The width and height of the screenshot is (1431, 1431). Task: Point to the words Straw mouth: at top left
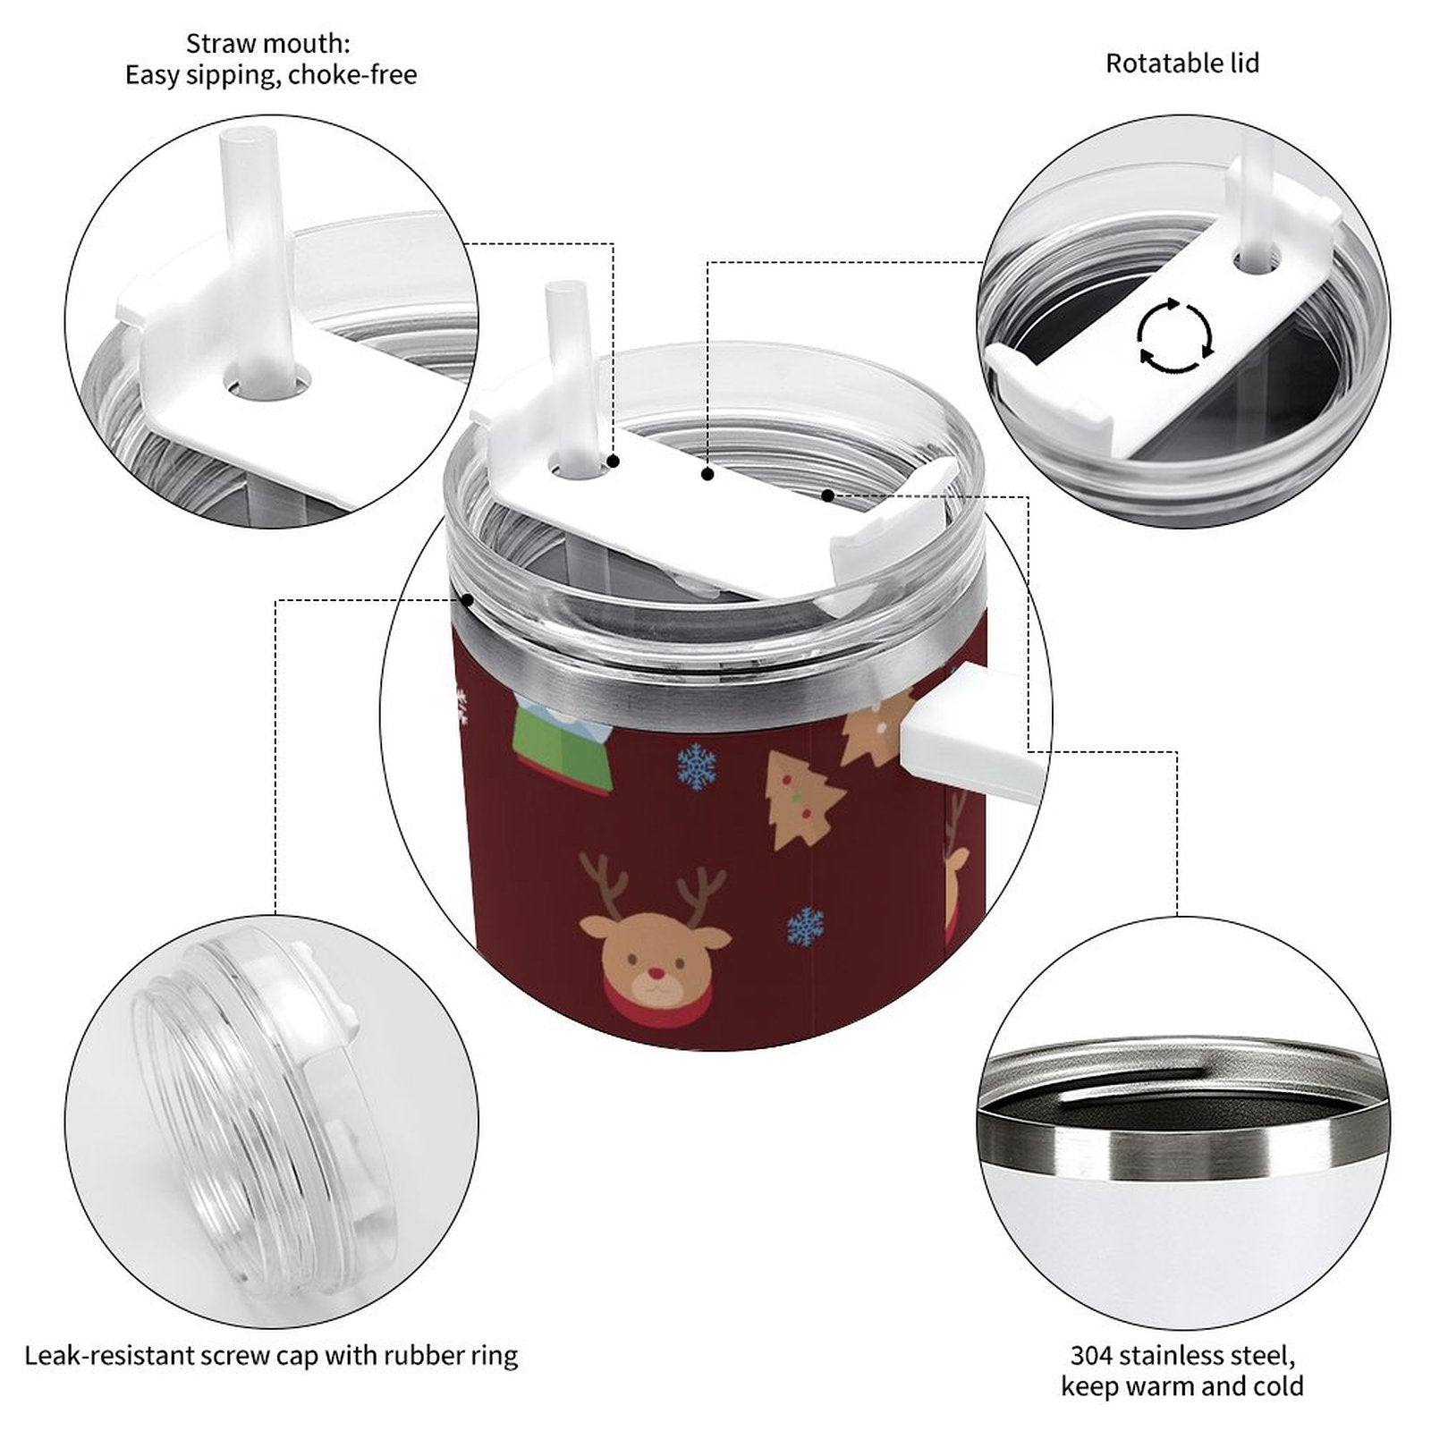click(x=268, y=43)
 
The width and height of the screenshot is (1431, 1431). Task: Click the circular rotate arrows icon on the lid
click(x=1174, y=336)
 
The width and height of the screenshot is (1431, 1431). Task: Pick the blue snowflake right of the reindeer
click(x=806, y=927)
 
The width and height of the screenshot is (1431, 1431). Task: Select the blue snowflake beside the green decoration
click(x=696, y=767)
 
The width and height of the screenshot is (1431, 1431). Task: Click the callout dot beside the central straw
click(x=614, y=461)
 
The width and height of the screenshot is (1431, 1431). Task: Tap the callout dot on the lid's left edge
click(x=466, y=599)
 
